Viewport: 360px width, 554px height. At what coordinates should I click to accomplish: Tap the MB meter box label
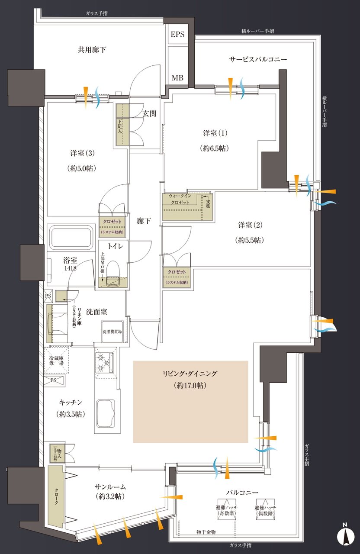(177, 78)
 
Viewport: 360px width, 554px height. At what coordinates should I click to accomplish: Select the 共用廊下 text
(92, 50)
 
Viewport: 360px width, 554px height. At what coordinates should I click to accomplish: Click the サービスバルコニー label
(258, 59)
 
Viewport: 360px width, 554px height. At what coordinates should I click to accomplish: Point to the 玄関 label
(149, 113)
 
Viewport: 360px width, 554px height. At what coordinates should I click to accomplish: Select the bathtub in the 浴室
(72, 237)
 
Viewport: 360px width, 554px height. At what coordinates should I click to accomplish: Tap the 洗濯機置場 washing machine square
(112, 332)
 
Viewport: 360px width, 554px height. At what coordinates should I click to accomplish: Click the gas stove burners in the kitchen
(104, 363)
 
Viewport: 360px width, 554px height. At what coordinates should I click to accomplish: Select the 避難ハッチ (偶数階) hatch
(266, 509)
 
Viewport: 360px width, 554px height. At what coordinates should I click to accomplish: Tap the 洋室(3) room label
(82, 153)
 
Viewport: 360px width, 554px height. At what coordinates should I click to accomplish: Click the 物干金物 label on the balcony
(206, 531)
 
